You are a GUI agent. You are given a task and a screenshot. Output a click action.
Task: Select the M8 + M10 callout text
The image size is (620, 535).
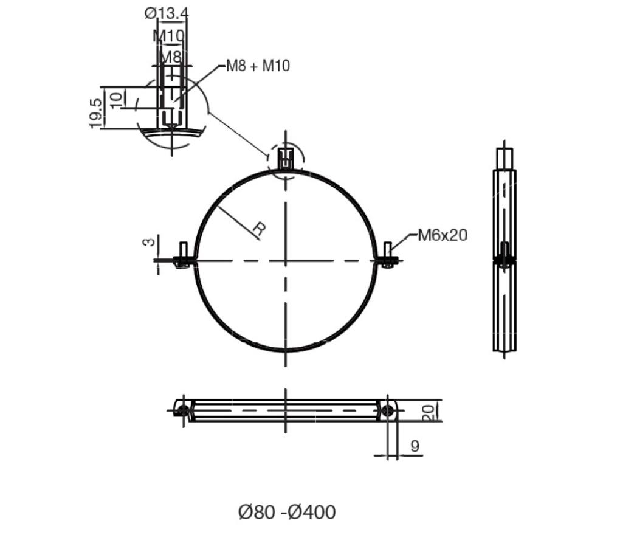(x=258, y=66)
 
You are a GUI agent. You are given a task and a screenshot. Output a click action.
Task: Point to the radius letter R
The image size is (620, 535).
(x=259, y=230)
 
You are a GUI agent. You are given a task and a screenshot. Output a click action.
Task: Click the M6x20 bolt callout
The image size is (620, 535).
(x=443, y=235)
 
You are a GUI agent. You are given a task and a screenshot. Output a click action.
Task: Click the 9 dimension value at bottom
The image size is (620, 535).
(x=415, y=446)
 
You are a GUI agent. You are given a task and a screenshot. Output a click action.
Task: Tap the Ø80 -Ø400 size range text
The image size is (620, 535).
(x=286, y=512)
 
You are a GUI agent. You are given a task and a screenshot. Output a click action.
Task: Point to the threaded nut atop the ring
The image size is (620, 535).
(x=286, y=159)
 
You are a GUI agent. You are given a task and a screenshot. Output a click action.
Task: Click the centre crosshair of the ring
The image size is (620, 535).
(x=286, y=261)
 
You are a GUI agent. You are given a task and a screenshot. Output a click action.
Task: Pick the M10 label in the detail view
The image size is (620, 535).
(x=168, y=36)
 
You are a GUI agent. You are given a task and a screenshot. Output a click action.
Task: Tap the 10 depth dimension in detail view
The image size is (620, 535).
(x=117, y=97)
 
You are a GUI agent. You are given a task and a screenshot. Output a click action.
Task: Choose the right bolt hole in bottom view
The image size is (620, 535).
(x=388, y=411)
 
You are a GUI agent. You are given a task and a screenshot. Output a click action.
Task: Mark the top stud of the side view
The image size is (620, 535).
(x=504, y=159)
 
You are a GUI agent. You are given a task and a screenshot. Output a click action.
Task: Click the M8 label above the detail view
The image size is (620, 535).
(x=170, y=57)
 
